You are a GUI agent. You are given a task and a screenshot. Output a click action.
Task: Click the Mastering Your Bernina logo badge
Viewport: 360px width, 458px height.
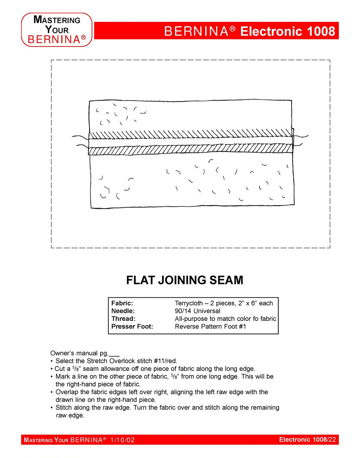click(57, 30)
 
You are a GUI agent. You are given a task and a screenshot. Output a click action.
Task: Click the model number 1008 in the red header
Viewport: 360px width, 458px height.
click(321, 31)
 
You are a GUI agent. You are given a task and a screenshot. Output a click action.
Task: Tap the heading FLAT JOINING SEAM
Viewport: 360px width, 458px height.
click(185, 280)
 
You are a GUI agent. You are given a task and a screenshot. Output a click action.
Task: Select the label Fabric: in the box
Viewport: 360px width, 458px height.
click(122, 303)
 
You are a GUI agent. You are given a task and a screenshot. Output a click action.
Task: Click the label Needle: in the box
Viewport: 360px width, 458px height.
click(123, 311)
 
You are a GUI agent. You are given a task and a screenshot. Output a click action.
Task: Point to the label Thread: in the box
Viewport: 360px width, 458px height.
click(123, 318)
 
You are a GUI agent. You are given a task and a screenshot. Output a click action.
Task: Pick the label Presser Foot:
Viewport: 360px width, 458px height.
click(132, 326)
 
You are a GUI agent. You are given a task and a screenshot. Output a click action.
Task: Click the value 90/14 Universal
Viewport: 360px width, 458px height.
click(198, 311)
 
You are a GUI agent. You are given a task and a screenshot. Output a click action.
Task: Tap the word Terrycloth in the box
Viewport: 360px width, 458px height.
click(189, 303)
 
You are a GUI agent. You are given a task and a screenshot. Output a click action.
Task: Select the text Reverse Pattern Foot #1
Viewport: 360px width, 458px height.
click(210, 326)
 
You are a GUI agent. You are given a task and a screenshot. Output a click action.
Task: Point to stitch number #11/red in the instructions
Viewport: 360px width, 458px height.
click(165, 361)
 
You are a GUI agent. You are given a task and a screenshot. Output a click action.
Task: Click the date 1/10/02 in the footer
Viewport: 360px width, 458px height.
click(122, 440)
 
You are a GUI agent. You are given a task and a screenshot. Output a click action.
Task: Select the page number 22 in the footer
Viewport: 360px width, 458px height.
click(332, 439)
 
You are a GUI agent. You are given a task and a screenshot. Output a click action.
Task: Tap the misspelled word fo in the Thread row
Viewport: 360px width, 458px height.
click(256, 318)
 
